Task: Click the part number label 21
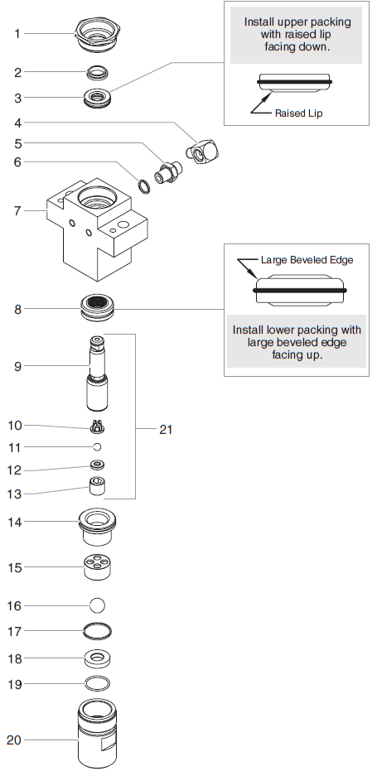pos(166,429)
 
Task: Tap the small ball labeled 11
pos(97,447)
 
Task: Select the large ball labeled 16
pos(98,605)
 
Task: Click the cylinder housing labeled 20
pos(98,732)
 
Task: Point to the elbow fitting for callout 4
pos(202,150)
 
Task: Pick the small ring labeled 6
pos(143,187)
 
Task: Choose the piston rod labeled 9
pos(98,373)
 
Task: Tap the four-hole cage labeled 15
pos(98,567)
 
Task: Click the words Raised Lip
pos(299,113)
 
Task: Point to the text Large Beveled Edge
pos(307,260)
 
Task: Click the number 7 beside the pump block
pos(17,211)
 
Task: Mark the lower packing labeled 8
pos(98,308)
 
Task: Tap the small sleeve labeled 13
pos(97,486)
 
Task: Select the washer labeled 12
pos(98,465)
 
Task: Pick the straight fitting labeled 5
pos(168,171)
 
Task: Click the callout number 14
pos(15,522)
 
